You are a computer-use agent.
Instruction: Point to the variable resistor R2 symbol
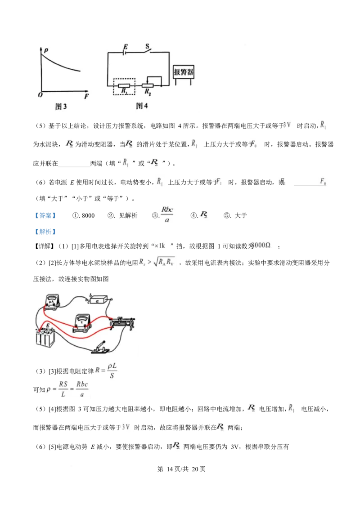(148, 85)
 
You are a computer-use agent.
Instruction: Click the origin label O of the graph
(40, 95)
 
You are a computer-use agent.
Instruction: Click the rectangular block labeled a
(98, 300)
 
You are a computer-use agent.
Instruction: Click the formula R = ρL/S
(107, 371)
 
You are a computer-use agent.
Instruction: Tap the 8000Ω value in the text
(261, 245)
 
